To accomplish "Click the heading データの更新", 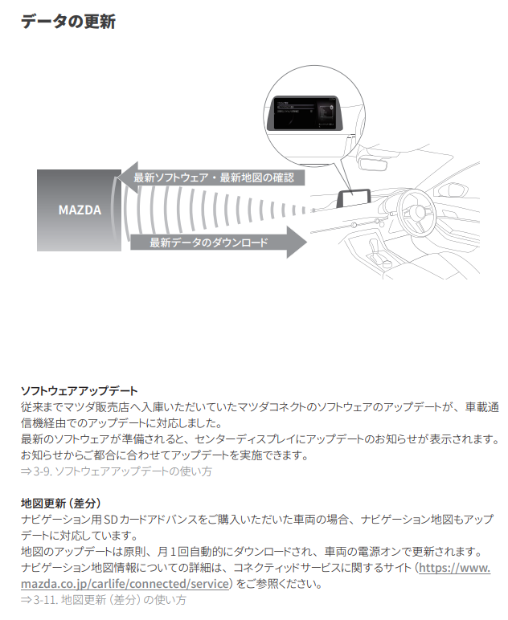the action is (x=68, y=22).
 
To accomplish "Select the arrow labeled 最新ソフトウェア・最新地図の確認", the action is (x=212, y=177).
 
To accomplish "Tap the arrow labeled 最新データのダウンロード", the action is (x=218, y=242).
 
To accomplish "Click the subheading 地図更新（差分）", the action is (x=61, y=504).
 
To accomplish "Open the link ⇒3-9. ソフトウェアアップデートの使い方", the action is (x=117, y=471).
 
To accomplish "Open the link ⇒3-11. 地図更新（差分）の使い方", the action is (x=104, y=600).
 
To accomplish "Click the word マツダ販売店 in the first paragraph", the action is (x=96, y=407).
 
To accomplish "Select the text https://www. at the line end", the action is (x=453, y=568).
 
